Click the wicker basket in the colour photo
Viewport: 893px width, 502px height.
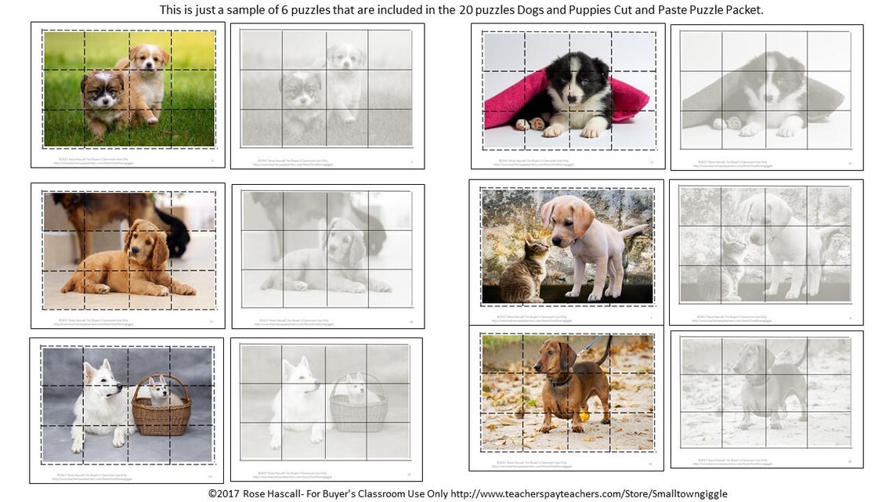point(161,410)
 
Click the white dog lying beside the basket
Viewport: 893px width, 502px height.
point(98,403)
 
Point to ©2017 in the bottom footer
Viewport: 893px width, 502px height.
point(226,493)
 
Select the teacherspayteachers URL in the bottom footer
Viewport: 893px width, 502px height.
point(589,493)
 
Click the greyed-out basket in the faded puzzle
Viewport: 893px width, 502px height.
point(359,406)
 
